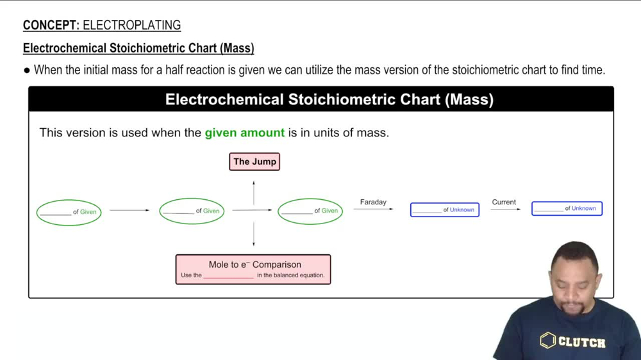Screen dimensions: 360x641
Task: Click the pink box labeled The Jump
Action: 254,161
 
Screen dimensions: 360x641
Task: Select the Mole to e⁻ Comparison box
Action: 253,269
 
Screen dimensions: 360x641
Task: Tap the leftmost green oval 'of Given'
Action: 69,212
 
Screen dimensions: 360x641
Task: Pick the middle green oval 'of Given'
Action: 192,211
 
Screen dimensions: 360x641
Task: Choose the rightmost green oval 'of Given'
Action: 310,211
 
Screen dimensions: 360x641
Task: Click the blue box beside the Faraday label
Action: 445,209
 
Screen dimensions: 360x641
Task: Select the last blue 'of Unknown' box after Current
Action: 567,208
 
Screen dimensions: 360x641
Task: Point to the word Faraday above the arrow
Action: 373,202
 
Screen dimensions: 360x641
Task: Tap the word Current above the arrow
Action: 504,202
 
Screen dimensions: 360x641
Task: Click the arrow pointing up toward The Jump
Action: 254,192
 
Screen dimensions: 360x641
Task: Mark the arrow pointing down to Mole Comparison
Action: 254,234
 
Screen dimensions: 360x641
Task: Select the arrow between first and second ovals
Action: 129,210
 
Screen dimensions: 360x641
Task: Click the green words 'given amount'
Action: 244,133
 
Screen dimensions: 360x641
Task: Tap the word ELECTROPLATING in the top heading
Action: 132,26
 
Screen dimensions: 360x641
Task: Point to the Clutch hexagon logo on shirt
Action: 547,340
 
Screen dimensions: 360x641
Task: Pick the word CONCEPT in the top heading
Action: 50,26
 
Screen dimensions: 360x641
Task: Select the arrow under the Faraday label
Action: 373,209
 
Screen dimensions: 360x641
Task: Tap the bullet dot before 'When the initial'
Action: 27,70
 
